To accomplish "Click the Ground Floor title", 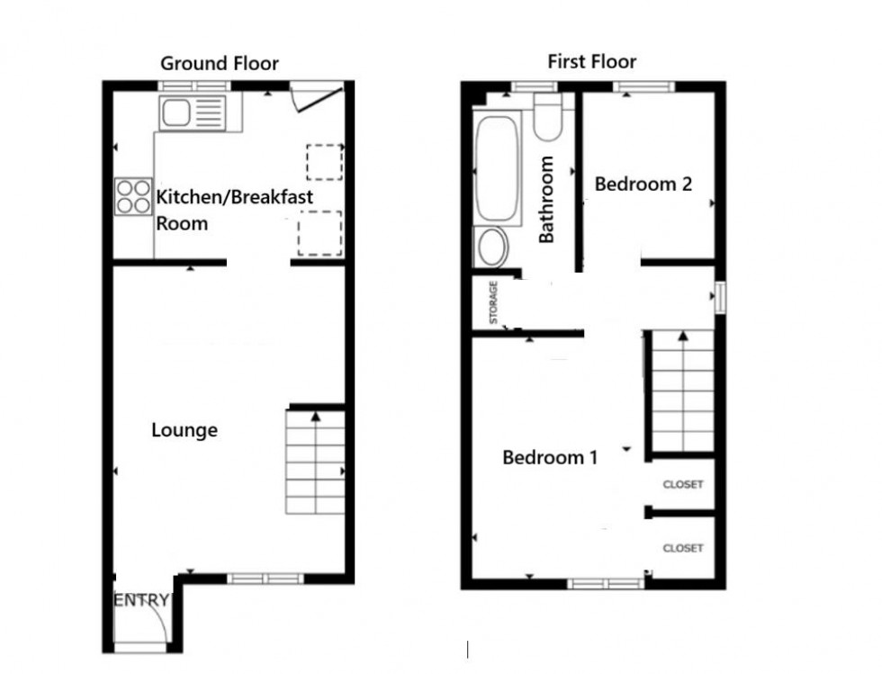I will [220, 63].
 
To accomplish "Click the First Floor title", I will [591, 61].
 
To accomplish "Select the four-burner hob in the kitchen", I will [132, 197].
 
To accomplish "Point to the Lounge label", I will [184, 430].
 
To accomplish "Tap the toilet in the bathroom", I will [547, 118].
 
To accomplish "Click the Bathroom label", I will [546, 200].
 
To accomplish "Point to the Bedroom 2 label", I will [643, 184].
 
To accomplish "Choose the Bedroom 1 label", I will [549, 457].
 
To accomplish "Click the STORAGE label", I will [493, 303].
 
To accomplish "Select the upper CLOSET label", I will [682, 485].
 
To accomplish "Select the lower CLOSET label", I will [682, 548].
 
